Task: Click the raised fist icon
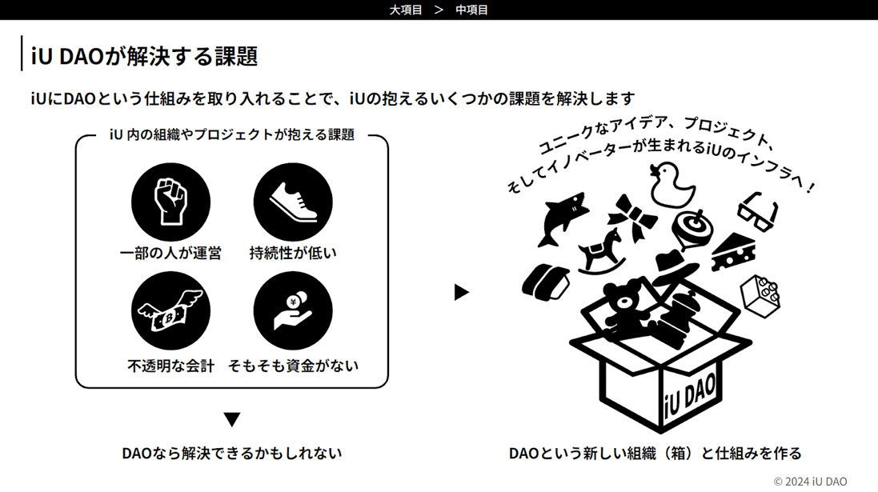(x=170, y=202)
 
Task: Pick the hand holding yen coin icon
(x=293, y=310)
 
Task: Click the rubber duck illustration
(x=672, y=185)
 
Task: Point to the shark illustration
(x=562, y=218)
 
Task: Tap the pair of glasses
(x=758, y=212)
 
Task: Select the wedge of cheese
(x=734, y=253)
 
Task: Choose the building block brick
(x=760, y=296)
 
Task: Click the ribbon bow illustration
(x=632, y=218)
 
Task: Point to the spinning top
(x=692, y=230)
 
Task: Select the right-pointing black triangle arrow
(x=461, y=292)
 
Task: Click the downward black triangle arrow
(x=232, y=419)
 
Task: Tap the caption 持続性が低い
(x=293, y=253)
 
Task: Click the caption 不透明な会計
(x=170, y=366)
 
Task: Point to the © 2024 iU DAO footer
(x=810, y=482)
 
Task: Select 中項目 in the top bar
(x=471, y=10)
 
